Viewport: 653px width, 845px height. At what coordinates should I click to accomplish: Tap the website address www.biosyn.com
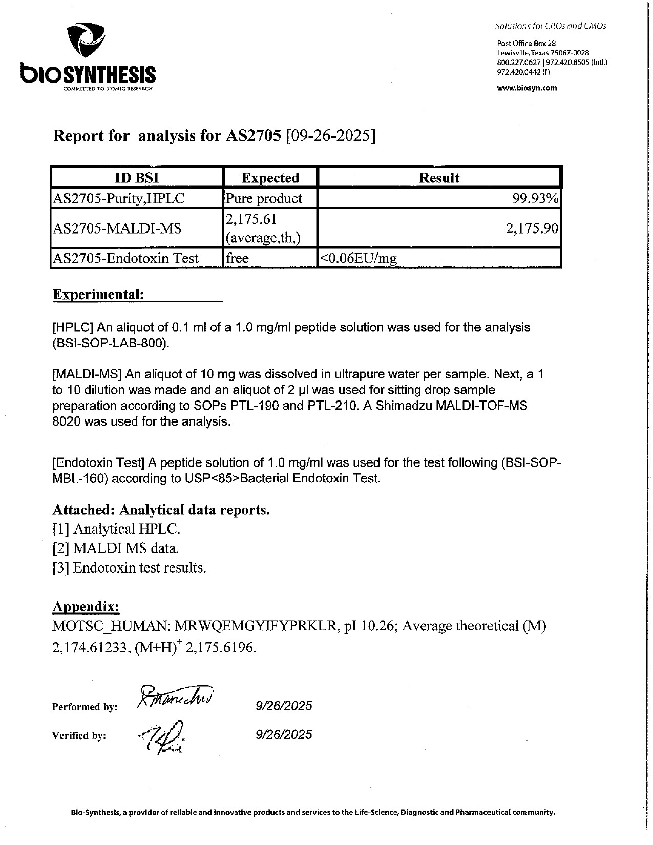pos(527,88)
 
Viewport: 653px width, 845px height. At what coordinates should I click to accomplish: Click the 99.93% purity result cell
pos(535,198)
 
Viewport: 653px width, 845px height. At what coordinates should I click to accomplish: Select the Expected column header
pos(270,178)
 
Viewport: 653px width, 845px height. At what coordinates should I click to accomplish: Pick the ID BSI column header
pos(137,178)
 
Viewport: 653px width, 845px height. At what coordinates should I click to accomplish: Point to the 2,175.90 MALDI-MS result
pos(532,228)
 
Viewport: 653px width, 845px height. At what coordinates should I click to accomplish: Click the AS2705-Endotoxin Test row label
pos(126,258)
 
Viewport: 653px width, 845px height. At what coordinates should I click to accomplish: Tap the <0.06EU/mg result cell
pos(358,259)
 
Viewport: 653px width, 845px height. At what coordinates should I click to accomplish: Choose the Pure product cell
pos(264,198)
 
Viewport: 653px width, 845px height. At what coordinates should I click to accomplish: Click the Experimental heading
pos(98,294)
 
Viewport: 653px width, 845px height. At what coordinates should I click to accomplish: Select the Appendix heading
pos(86,607)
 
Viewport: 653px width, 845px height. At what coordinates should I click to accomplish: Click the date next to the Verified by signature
pos(284,734)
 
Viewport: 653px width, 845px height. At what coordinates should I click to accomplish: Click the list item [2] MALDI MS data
pos(116,548)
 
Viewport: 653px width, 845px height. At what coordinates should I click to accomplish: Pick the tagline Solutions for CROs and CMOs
pos(550,26)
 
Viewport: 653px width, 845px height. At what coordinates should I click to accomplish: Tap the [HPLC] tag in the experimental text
pos(74,327)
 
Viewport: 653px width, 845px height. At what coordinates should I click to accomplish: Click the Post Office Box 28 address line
pos(526,44)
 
